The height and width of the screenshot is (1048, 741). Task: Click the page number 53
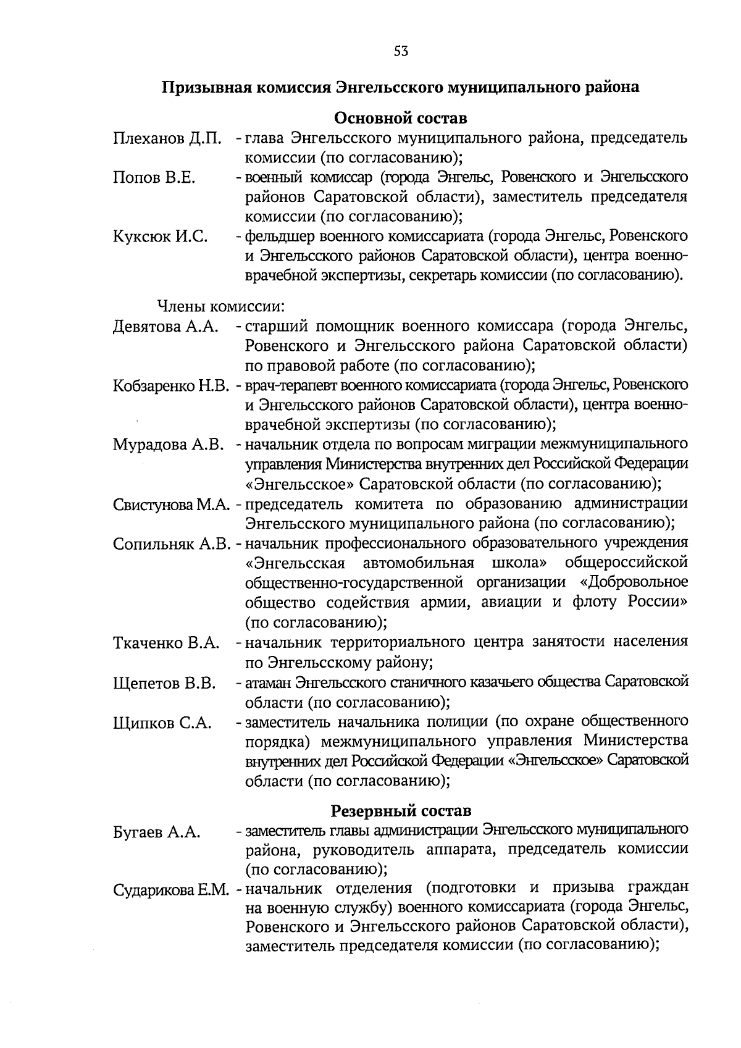401,51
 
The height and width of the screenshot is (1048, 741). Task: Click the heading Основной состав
400,117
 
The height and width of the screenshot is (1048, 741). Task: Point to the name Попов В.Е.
154,178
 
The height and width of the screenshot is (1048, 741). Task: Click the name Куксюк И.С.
160,237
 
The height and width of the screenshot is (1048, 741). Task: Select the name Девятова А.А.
166,327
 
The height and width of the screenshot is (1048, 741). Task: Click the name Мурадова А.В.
167,445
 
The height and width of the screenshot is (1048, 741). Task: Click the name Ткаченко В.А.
166,643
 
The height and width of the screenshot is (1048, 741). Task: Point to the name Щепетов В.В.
164,684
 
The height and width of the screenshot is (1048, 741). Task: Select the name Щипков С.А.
162,723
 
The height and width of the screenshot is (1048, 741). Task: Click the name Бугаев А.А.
157,832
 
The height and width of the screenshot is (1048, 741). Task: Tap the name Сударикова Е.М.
172,891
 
